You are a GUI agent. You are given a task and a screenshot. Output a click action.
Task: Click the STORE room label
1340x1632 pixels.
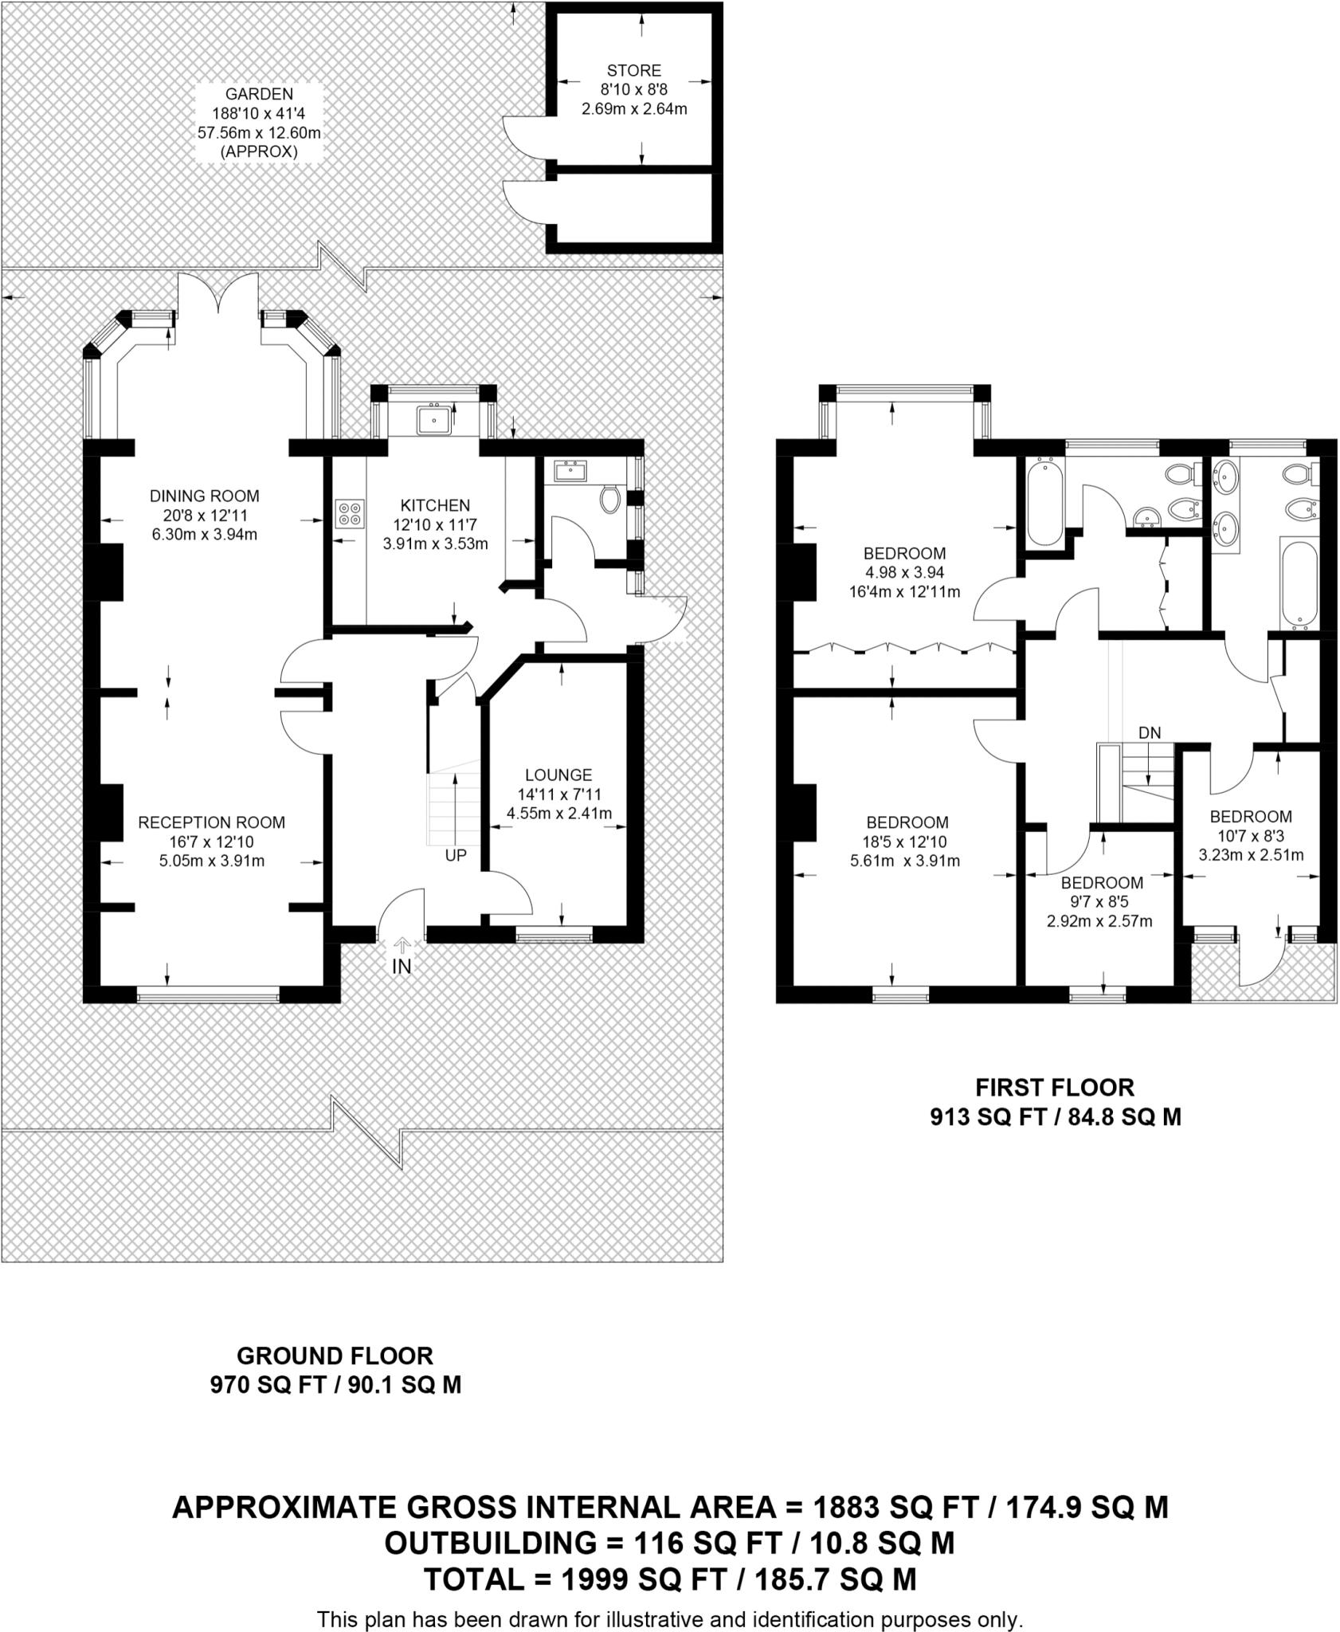634,70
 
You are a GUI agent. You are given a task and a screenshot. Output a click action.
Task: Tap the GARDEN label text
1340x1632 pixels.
259,94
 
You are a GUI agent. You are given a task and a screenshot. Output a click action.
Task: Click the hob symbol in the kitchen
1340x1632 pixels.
350,512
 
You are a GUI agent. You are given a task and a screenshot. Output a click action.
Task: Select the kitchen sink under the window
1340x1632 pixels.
433,419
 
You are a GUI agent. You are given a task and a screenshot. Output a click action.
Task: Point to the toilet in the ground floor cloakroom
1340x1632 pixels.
610,499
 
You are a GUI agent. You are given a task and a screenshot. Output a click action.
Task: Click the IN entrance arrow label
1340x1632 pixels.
402,966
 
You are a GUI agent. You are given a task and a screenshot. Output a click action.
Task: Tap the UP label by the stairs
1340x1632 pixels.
456,855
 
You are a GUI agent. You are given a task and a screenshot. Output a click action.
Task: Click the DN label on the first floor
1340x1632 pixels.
1149,732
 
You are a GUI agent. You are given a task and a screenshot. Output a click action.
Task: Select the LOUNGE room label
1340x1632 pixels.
558,775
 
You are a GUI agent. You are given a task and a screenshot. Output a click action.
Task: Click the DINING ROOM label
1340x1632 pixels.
204,496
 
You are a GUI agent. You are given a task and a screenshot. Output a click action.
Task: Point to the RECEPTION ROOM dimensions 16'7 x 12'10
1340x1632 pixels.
211,841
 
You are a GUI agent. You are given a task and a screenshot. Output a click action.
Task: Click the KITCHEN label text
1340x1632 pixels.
435,505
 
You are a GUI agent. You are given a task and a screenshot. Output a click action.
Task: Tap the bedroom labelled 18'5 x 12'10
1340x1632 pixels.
907,841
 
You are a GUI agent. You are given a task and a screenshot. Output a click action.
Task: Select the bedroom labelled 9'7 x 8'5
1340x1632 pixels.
1101,901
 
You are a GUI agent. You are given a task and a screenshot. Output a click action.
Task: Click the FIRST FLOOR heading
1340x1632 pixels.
1055,1087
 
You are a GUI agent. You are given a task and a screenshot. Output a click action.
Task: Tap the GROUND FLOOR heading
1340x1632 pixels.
335,1355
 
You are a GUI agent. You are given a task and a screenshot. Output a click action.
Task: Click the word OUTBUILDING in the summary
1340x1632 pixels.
489,1544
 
